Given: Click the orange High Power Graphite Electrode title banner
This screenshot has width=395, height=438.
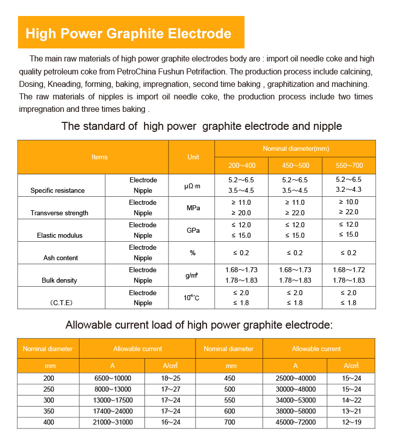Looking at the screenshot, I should (x=131, y=33).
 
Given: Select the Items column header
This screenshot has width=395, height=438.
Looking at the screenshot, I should (x=99, y=157).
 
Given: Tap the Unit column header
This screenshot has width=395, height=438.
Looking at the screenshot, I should (x=193, y=157).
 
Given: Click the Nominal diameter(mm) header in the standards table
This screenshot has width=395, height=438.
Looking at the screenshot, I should (x=295, y=149).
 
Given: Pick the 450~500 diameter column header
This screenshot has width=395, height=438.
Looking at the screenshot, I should (x=295, y=165).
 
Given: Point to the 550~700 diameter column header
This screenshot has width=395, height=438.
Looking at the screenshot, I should (x=348, y=165).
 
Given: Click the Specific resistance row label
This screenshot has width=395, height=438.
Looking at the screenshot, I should (x=57, y=190).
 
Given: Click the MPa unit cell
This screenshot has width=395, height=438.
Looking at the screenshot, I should (x=193, y=208).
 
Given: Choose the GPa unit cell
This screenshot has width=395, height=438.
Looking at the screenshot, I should (x=193, y=230).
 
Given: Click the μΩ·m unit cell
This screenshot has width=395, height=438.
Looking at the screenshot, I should (x=193, y=185).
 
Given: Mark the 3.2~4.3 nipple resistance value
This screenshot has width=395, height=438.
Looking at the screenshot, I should (x=348, y=190).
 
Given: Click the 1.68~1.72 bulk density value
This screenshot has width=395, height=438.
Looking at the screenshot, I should (x=348, y=270).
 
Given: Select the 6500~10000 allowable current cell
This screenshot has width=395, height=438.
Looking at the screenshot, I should (x=112, y=378).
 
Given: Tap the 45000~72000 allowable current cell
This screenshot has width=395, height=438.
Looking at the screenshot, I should (x=295, y=423).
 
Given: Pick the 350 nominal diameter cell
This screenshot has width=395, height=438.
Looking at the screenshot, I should (x=48, y=412).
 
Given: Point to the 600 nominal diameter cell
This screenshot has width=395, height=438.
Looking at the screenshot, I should (x=229, y=412).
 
